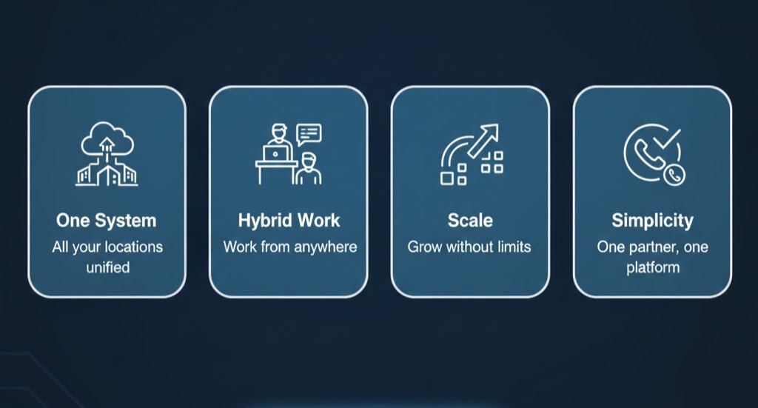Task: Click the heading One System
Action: pos(106,220)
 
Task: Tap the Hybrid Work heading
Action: pos(289,220)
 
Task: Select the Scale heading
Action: pos(469,220)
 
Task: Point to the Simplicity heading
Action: pos(652,220)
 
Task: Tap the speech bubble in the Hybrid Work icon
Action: pos(309,133)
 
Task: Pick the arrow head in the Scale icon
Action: pos(491,132)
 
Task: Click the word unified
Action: pos(107,267)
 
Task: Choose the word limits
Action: pos(510,247)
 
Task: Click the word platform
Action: pos(652,267)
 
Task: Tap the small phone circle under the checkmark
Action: pos(674,175)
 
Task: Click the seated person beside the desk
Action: pos(309,170)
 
